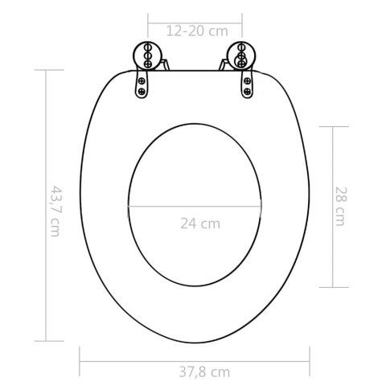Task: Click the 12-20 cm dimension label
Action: pyautogui.click(x=197, y=31)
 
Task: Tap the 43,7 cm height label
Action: pyautogui.click(x=56, y=211)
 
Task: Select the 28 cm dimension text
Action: pyautogui.click(x=341, y=207)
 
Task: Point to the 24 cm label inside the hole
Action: pyautogui.click(x=200, y=224)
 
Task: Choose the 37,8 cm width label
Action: pyautogui.click(x=204, y=372)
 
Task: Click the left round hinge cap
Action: pyautogui.click(x=147, y=55)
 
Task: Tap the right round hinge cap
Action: pyautogui.click(x=241, y=55)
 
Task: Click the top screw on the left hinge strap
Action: pyautogui.click(x=142, y=80)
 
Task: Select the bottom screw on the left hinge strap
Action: pyautogui.click(x=142, y=92)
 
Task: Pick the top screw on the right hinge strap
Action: pyautogui.click(x=248, y=80)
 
